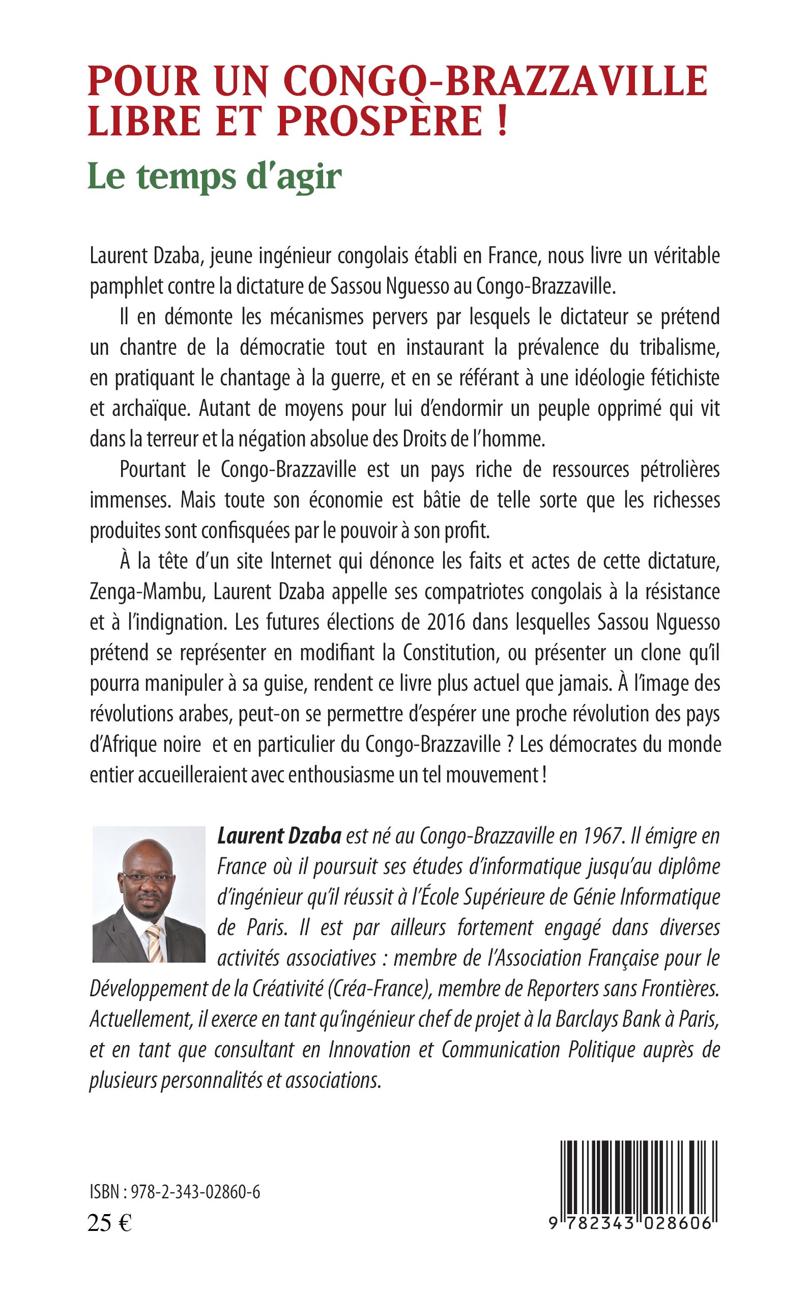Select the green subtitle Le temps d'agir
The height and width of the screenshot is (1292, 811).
215,177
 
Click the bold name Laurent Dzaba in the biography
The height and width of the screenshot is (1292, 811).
279,836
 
